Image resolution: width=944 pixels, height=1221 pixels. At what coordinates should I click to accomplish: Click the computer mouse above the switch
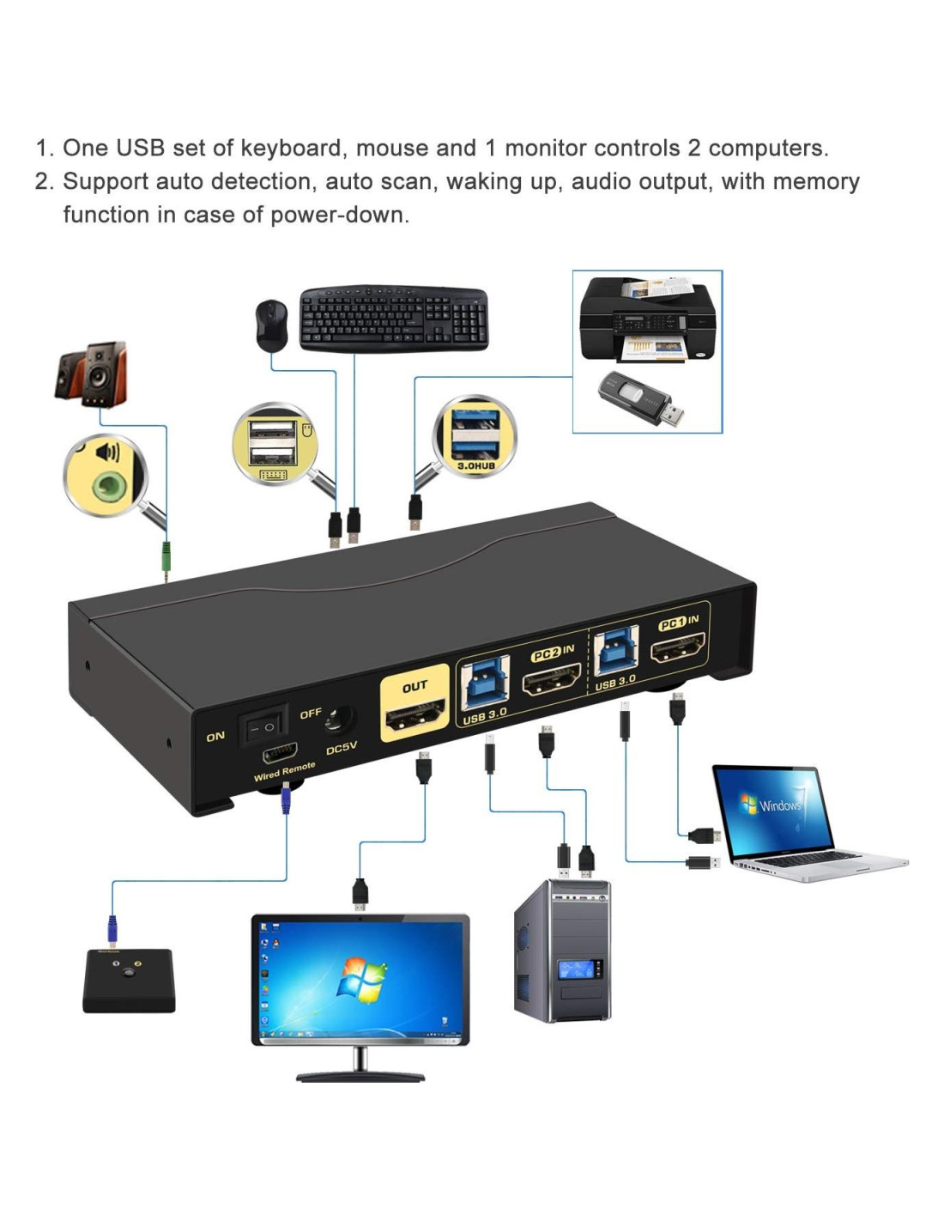coord(271,325)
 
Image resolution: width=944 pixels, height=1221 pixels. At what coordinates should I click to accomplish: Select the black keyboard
coord(394,318)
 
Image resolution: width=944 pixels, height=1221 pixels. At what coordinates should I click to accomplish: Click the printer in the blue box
coord(648,319)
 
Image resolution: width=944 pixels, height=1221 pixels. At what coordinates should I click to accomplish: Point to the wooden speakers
coord(92,374)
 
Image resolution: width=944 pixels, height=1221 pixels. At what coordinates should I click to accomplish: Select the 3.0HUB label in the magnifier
coord(475,465)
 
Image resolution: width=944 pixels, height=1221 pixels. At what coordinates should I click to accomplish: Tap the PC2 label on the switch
coord(547,654)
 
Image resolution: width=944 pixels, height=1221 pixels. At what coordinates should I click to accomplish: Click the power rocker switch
coord(261,727)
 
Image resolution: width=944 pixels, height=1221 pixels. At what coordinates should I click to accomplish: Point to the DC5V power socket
coord(339,720)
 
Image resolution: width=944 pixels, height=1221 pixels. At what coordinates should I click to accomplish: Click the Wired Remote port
coord(281,753)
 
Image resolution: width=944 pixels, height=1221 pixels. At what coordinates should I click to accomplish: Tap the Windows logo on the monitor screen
coord(363,980)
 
